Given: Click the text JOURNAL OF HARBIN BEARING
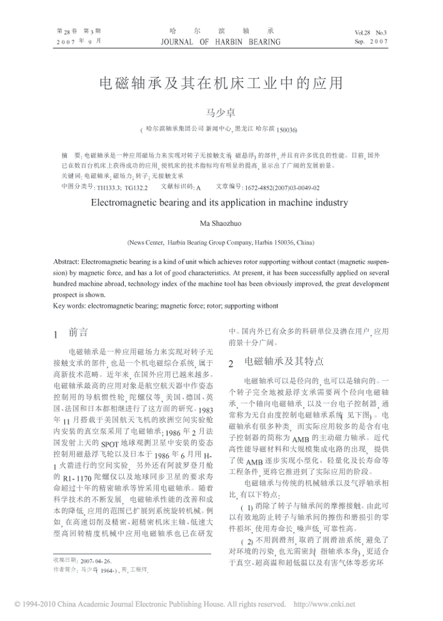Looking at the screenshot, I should (x=221, y=40).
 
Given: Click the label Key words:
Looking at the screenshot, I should (x=67, y=305).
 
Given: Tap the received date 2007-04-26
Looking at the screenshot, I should (x=96, y=560).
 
